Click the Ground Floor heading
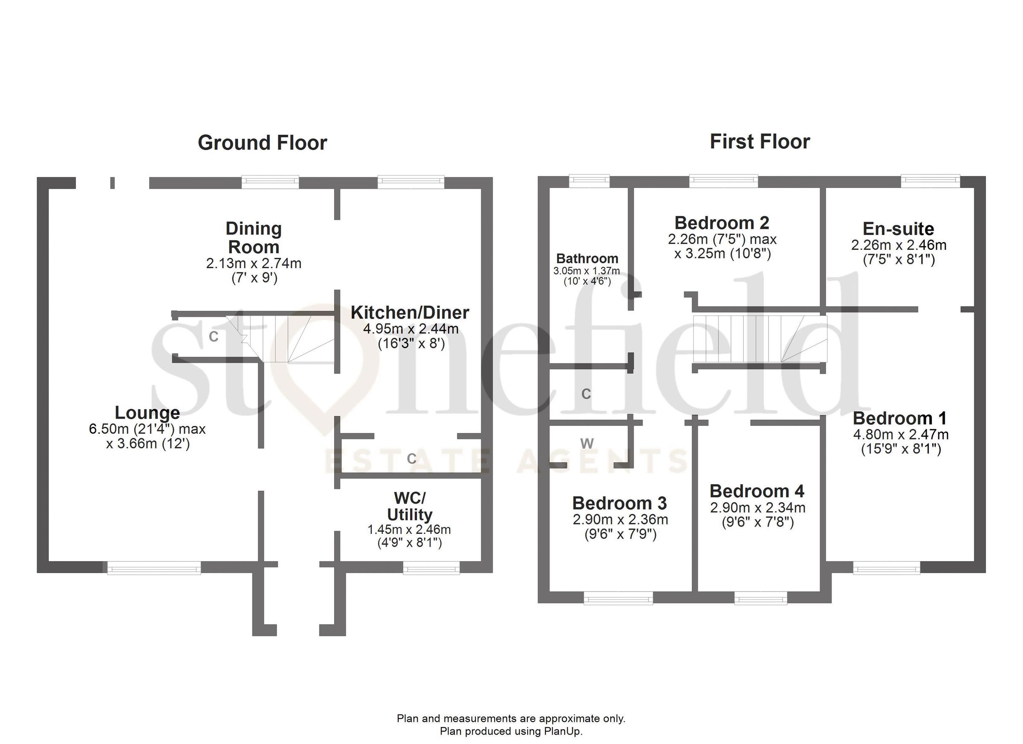tap(262, 143)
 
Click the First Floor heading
tap(760, 142)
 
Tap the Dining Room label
tap(254, 238)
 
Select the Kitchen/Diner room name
tap(410, 312)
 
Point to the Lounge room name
tap(147, 412)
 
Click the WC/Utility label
tap(409, 506)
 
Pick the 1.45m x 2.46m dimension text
tap(409, 529)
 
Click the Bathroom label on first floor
tap(587, 258)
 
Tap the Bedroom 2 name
tap(722, 223)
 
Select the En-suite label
tap(898, 229)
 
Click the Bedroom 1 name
tap(899, 418)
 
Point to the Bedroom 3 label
tap(619, 503)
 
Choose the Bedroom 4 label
tap(757, 491)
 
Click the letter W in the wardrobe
tap(587, 444)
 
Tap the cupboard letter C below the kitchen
tap(411, 459)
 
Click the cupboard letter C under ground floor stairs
tap(214, 336)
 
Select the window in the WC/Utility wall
tap(431, 568)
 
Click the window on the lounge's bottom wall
tap(154, 568)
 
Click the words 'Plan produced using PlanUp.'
tap(511, 731)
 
